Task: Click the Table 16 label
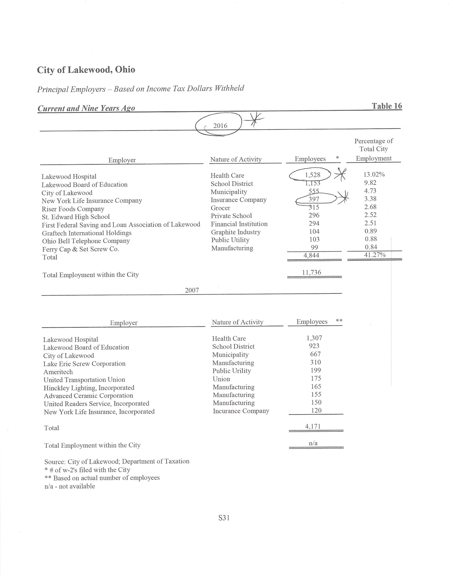[x=387, y=106]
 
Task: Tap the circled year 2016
[x=220, y=126]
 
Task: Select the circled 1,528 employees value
[x=313, y=175]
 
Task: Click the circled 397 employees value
[x=314, y=199]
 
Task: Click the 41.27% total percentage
[x=375, y=255]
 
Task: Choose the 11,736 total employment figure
[x=311, y=272]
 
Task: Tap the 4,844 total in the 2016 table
[x=311, y=255]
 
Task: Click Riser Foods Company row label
[x=73, y=209]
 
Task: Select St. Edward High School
[x=76, y=217]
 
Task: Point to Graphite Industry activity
[x=236, y=232]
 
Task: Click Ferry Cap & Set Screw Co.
[x=80, y=249]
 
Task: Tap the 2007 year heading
[x=192, y=290]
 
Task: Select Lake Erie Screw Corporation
[x=84, y=364]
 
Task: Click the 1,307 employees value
[x=314, y=338]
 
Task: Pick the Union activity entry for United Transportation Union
[x=221, y=379]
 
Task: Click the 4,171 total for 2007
[x=313, y=426]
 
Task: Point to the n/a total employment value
[x=313, y=443]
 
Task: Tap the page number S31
[x=224, y=518]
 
